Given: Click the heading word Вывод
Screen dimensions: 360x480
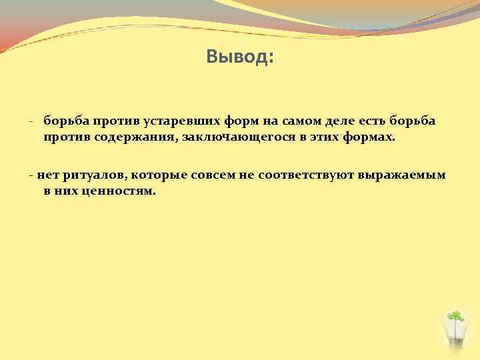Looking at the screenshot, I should pos(239,58).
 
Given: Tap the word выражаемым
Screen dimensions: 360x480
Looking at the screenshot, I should pos(401,176).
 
